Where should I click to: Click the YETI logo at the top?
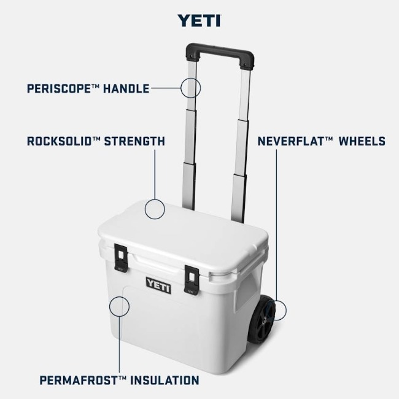coord(199,21)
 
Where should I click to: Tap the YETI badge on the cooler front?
coord(158,285)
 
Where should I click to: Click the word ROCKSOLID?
coord(60,141)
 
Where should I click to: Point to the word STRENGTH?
coord(134,141)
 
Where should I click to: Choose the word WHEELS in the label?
coord(362,141)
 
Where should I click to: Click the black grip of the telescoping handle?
coord(220,56)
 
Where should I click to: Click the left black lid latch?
coord(121,258)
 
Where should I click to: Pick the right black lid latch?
coord(192,280)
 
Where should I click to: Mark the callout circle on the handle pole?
coord(190,78)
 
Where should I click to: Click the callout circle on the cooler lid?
coord(155,199)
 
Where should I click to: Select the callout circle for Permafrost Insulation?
coord(119,296)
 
